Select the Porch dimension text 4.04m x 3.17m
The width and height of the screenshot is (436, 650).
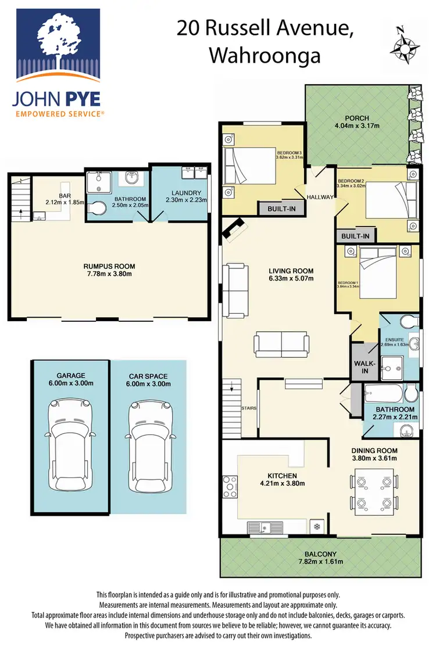click(x=356, y=125)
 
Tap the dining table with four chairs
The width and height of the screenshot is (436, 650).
click(x=369, y=491)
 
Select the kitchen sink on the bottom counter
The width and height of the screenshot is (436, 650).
click(x=265, y=527)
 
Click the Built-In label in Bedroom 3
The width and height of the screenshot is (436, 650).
click(x=282, y=208)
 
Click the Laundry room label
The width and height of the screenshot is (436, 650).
click(x=187, y=193)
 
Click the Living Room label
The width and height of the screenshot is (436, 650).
click(x=291, y=271)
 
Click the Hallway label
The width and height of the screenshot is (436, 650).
click(x=321, y=197)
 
